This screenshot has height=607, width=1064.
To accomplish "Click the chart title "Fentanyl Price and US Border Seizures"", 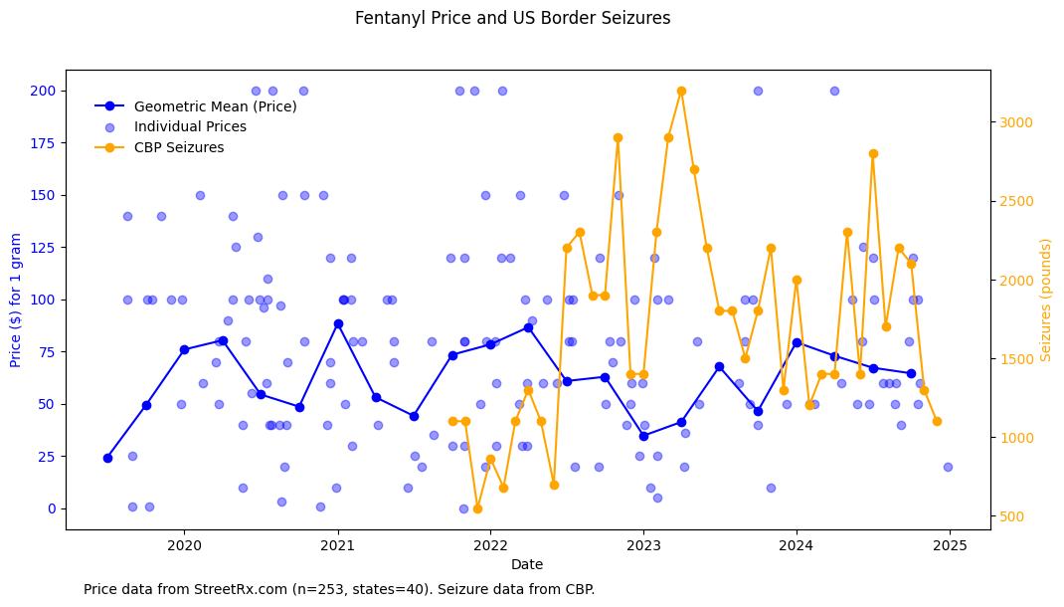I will pyautogui.click(x=512, y=18).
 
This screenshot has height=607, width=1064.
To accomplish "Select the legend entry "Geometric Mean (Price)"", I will pyautogui.click(x=215, y=106).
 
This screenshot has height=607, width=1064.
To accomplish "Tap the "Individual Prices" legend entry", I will pyautogui.click(x=190, y=127).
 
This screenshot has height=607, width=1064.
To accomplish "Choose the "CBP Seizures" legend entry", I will pyautogui.click(x=179, y=148).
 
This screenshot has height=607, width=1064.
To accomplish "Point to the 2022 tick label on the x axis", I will pyautogui.click(x=490, y=545).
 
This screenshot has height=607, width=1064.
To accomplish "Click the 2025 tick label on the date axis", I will pyautogui.click(x=950, y=545).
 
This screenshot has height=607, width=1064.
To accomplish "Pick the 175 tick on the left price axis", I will pyautogui.click(x=47, y=142).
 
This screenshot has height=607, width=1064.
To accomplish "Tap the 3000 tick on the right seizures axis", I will pyautogui.click(x=1016, y=122).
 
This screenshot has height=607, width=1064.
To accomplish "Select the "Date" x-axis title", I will pyautogui.click(x=527, y=565).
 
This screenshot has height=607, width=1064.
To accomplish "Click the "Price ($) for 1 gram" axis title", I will pyautogui.click(x=17, y=300).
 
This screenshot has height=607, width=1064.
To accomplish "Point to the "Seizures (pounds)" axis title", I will pyautogui.click(x=1046, y=300).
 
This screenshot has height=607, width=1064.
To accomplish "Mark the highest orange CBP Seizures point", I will pyautogui.click(x=681, y=91).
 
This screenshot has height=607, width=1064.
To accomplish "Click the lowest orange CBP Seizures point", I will pyautogui.click(x=477, y=508).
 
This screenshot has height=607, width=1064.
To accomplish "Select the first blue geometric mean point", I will pyautogui.click(x=107, y=458).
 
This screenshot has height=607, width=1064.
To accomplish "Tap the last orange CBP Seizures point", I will pyautogui.click(x=937, y=421).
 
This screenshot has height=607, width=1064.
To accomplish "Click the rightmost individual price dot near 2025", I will pyautogui.click(x=948, y=467).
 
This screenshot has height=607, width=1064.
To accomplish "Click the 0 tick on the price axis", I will pyautogui.click(x=52, y=508).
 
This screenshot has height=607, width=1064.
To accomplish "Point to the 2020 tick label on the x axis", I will pyautogui.click(x=184, y=545).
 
